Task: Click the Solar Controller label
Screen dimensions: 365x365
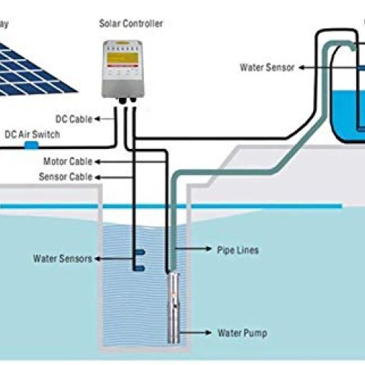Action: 131,23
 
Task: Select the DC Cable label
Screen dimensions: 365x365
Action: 74,118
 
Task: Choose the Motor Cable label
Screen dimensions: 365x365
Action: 68,161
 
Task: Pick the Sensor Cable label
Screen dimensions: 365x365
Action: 66,177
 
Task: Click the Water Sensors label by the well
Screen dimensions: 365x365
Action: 61,258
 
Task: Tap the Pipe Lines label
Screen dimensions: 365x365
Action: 237,250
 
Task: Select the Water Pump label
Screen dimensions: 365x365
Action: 242,333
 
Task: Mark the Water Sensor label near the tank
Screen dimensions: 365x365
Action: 267,67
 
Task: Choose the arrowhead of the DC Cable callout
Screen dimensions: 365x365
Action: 98,118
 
